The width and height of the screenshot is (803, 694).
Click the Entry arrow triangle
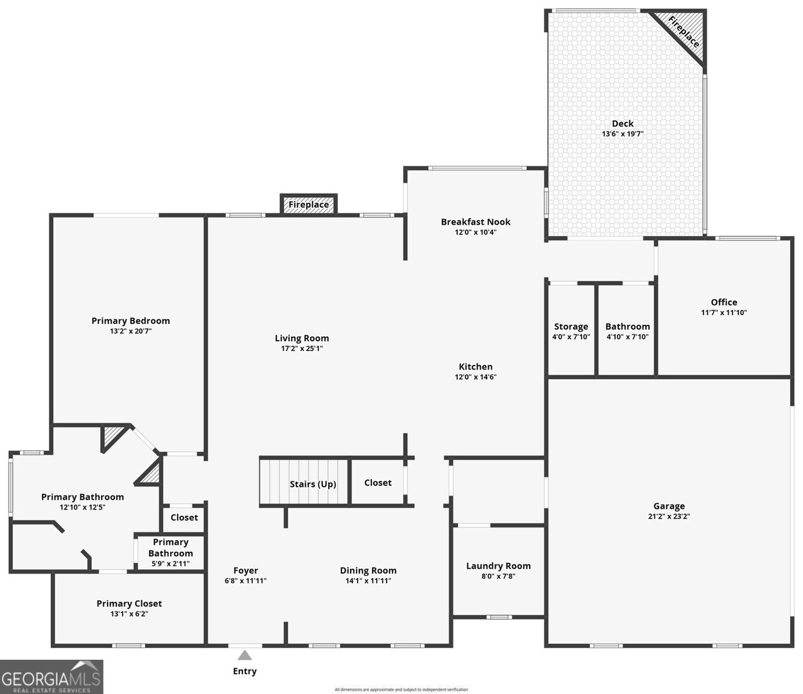(x=245, y=655)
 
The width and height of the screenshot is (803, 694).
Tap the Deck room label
(x=622, y=123)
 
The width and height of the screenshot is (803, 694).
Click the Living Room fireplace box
(x=308, y=204)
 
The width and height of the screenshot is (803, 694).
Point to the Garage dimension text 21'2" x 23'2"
(x=669, y=516)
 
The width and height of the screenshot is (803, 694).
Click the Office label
(x=724, y=302)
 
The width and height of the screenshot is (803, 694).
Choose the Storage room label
(x=571, y=327)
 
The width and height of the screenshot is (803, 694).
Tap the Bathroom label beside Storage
(x=627, y=327)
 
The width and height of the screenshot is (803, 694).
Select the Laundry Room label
(x=498, y=566)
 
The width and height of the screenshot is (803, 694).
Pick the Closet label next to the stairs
(x=378, y=482)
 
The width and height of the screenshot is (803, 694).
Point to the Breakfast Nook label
(x=476, y=222)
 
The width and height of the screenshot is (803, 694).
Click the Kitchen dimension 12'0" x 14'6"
(x=476, y=377)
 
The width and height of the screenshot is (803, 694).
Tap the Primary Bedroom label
(x=131, y=321)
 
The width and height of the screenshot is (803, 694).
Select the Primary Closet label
(x=129, y=603)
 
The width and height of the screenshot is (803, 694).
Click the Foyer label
(x=245, y=570)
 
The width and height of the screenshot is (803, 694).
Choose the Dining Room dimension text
(x=368, y=581)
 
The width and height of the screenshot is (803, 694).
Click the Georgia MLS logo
(x=51, y=677)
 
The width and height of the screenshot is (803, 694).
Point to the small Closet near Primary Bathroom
(x=184, y=518)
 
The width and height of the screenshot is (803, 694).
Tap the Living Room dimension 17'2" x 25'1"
(x=301, y=349)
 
